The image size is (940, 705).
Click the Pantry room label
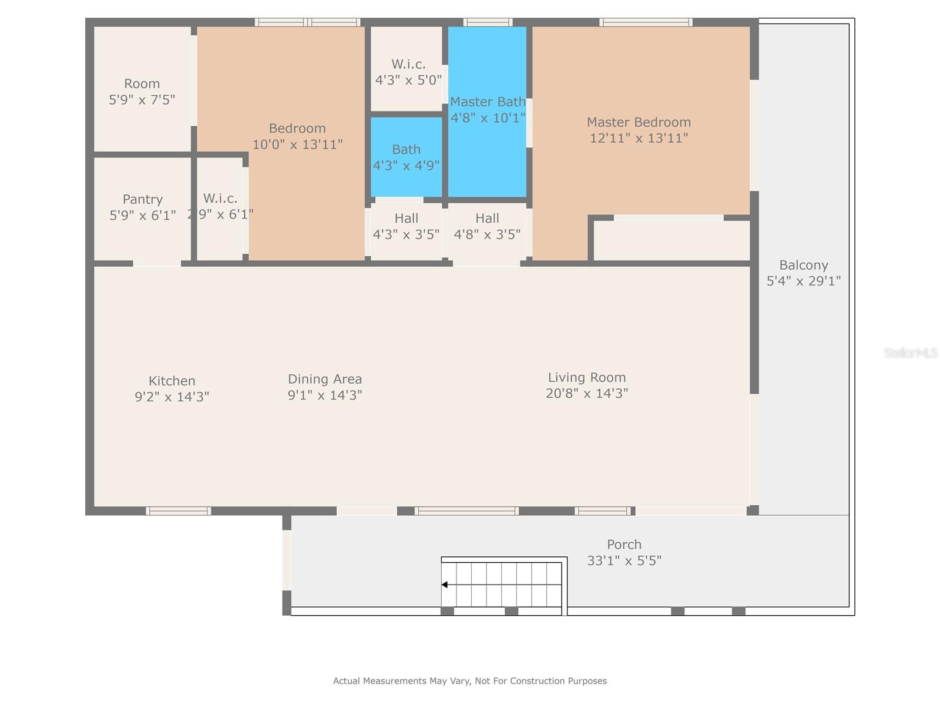(143, 199)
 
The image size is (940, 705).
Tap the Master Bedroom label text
(638, 122)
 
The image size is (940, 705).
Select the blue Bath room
(406, 157)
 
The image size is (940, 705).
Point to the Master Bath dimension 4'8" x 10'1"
(488, 117)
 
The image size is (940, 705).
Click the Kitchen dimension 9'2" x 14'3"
(172, 397)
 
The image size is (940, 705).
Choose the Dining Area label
(325, 379)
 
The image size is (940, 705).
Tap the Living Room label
(587, 377)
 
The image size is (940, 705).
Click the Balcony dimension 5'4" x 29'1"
(803, 281)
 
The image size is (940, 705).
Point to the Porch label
(624, 545)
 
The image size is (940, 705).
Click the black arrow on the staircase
(445, 585)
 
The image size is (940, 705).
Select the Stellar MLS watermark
(911, 352)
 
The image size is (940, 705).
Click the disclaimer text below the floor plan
(470, 680)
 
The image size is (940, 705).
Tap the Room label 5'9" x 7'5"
(142, 92)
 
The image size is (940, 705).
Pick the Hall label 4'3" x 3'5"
(406, 226)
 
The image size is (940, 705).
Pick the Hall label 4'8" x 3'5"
(487, 226)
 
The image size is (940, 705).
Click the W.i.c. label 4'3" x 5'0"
(408, 72)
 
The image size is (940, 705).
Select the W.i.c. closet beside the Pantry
(220, 209)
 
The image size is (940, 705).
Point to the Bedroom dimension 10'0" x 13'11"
(297, 145)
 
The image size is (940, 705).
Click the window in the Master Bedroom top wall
(645, 22)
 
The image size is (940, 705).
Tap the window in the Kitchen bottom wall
(178, 511)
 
